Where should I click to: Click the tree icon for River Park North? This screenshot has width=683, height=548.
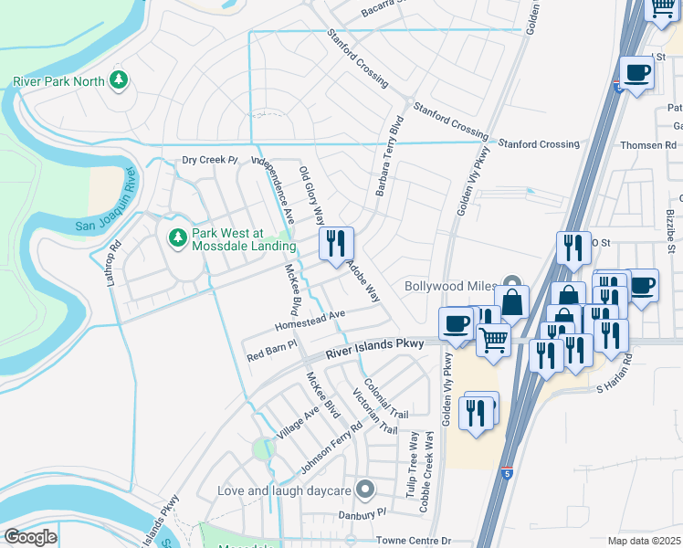pyautogui.click(x=118, y=81)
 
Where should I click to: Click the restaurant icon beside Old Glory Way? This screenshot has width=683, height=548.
pyautogui.click(x=336, y=244)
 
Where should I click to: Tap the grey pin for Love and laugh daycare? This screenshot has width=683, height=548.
pyautogui.click(x=366, y=490)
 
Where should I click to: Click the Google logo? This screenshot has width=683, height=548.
pyautogui.click(x=30, y=537)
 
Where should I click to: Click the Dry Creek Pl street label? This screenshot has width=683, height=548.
pyautogui.click(x=209, y=160)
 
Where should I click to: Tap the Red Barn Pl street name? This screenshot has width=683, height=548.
pyautogui.click(x=272, y=346)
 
